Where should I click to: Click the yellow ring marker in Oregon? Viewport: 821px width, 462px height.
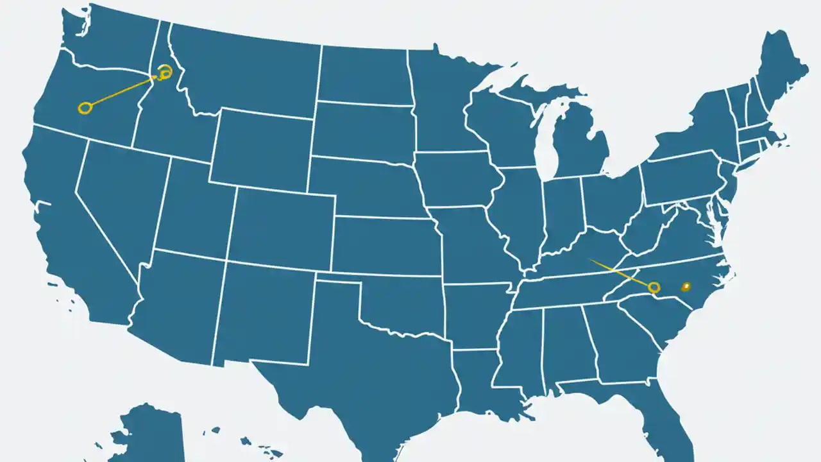[85, 108]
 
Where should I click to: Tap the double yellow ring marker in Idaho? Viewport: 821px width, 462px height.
[165, 72]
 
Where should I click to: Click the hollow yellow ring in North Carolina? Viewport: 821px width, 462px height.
[654, 287]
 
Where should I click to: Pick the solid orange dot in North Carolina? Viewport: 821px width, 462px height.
[686, 286]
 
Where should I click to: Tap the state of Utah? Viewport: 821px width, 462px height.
[192, 209]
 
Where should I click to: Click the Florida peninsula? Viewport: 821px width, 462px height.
[670, 411]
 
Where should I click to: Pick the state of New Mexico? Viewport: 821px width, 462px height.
[263, 314]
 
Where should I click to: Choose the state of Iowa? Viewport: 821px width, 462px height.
[455, 180]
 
